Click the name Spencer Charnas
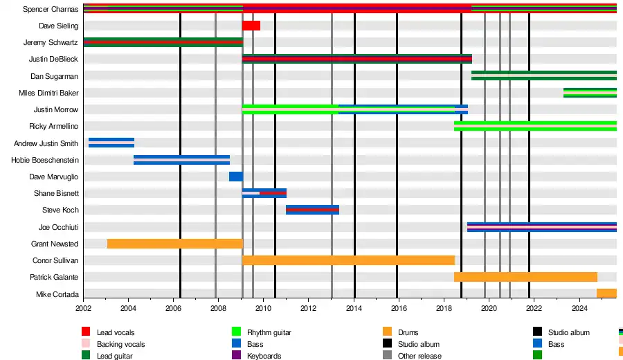(50, 10)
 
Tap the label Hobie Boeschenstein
(45, 160)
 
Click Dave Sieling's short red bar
(251, 26)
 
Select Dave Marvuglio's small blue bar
(235, 177)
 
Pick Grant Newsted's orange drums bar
(175, 244)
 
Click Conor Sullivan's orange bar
(348, 260)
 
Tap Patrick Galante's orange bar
(525, 277)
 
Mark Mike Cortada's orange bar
(606, 294)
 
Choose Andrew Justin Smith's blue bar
(111, 143)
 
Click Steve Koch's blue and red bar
(312, 210)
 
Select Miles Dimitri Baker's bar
(590, 93)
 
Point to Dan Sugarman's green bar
(543, 75)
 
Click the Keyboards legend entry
(264, 356)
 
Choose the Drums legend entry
(408, 333)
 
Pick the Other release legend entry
(419, 356)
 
